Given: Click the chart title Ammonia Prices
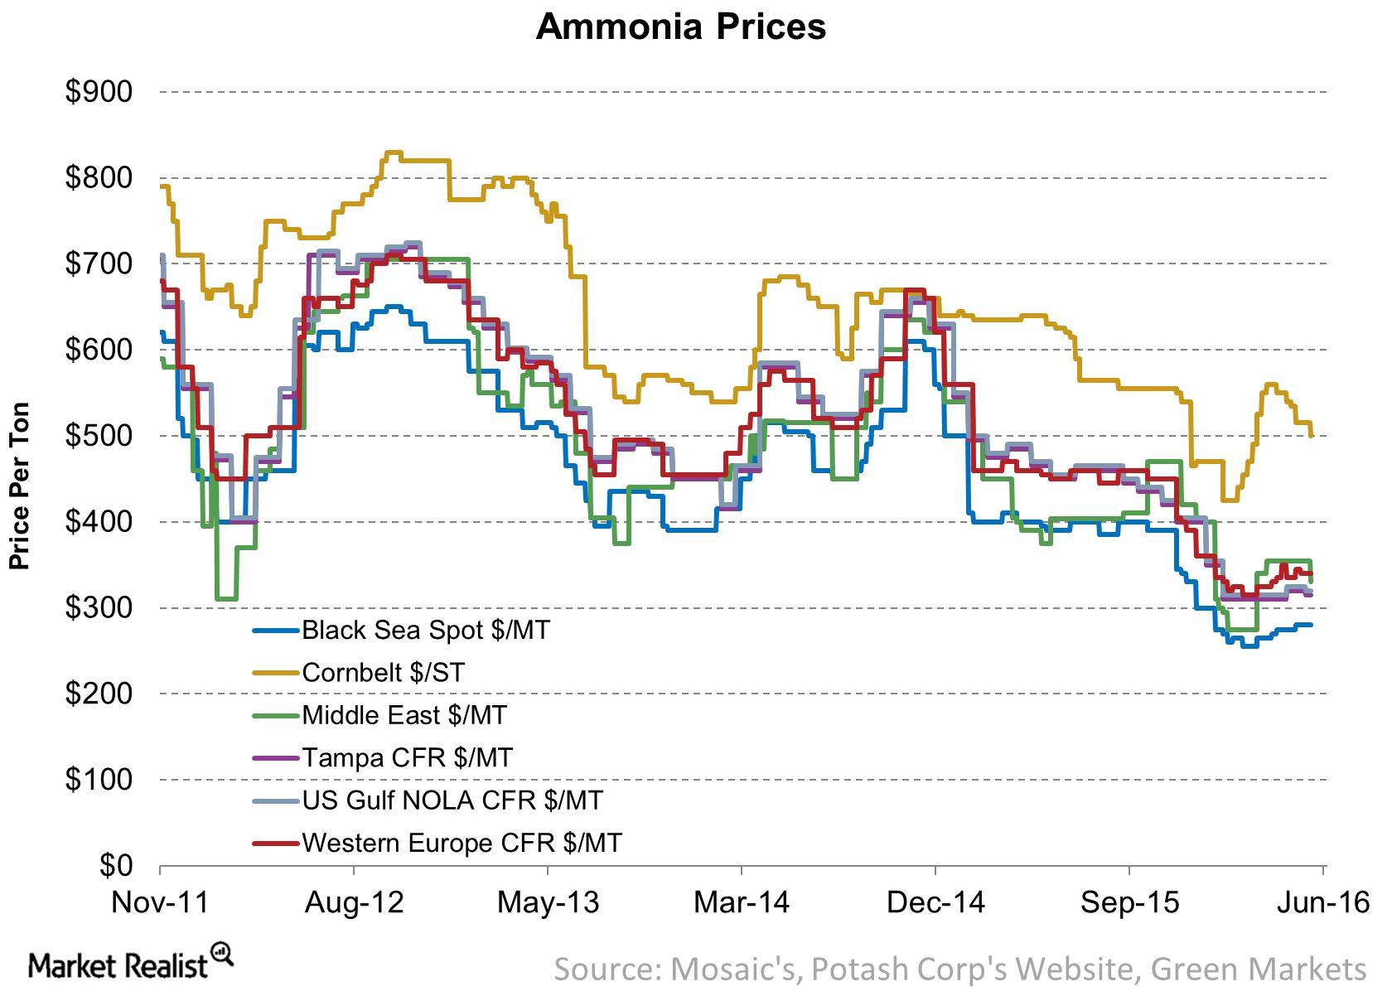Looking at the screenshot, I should [x=680, y=27].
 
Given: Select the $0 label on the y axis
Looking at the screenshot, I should [x=115, y=865].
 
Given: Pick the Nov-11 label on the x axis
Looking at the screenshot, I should [x=160, y=902].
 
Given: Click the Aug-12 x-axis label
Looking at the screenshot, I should [x=354, y=902].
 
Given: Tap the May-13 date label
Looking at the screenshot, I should [x=548, y=902].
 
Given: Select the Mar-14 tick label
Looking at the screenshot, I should [x=742, y=902].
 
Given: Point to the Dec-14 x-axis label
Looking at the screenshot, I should [x=935, y=902].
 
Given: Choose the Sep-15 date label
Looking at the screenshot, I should [x=1129, y=902].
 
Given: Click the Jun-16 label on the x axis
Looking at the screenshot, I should [x=1322, y=902].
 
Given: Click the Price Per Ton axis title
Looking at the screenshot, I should [x=20, y=486].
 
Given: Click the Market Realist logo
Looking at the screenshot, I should [x=129, y=963].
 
